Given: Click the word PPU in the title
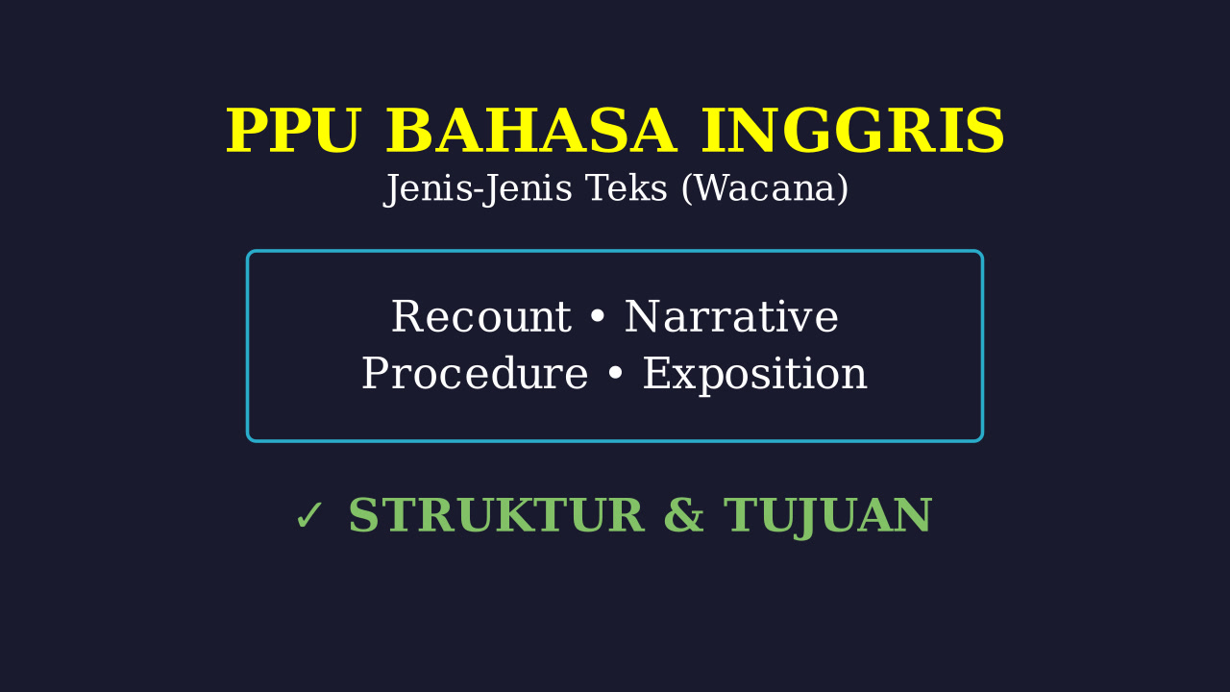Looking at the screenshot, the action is [294, 131].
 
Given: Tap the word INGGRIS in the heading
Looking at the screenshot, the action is [852, 131].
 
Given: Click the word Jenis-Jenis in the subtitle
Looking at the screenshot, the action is [478, 188].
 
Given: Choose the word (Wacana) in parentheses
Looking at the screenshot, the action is [765, 189].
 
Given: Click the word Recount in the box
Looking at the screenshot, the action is [481, 317].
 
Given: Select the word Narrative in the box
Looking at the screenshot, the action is [731, 317].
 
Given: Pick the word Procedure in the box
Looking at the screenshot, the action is [475, 374].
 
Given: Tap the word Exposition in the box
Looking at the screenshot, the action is [755, 375].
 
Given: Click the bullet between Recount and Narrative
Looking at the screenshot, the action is [598, 317].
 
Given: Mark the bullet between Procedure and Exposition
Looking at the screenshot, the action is [616, 374].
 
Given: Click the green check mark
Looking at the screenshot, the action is [308, 516].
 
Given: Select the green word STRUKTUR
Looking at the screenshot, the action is [497, 515].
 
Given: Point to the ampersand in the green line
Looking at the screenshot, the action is [683, 515].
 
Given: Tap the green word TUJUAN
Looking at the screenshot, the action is [827, 517].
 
